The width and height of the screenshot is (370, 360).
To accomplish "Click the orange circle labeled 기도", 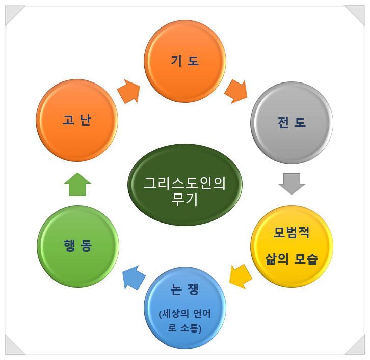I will (185, 61).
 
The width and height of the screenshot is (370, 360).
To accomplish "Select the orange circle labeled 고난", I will (77, 120).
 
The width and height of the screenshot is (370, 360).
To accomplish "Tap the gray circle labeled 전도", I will (292, 123).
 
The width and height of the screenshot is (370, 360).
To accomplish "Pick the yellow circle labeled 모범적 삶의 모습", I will (292, 245).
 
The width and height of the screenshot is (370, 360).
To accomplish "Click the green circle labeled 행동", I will (78, 246).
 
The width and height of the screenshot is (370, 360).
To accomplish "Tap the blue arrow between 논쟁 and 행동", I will (134, 277).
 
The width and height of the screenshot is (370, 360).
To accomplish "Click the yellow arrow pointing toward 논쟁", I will (240, 275).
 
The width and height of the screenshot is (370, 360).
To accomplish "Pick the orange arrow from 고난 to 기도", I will (129, 92).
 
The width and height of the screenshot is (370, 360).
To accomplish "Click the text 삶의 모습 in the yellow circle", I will (292, 259).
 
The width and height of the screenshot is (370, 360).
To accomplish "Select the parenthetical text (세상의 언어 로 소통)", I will (185, 321).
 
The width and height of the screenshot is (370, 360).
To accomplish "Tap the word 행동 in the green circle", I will (78, 246).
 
